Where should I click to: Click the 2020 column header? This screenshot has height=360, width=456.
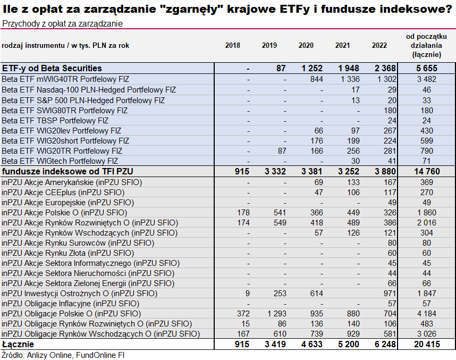[x=306, y=45]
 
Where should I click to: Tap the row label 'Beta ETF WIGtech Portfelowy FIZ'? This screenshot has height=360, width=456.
[x=60, y=161]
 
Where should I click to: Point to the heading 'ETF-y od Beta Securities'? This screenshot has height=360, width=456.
[x=52, y=68]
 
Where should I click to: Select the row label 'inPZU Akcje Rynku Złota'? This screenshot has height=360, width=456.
[x=68, y=253]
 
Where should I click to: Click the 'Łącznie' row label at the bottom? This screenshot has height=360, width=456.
[x=18, y=344]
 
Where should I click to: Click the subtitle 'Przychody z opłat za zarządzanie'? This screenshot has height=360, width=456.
[x=62, y=24]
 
